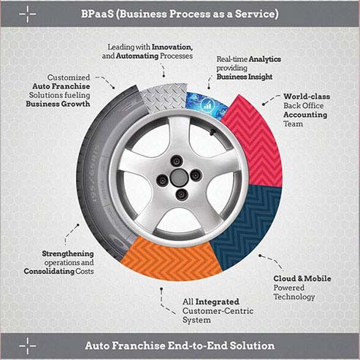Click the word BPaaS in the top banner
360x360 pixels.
pos(97,14)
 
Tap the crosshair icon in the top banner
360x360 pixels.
pos(28,14)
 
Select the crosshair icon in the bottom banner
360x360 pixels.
pos(28,345)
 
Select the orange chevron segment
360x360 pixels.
pos(170,261)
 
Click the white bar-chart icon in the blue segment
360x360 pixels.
pos(207,105)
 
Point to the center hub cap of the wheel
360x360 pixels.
pos(179,177)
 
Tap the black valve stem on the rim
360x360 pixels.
pos(212,131)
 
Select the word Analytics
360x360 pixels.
pos(265,59)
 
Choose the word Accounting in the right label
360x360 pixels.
pos(305,115)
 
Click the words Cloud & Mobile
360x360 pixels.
pos(302,279)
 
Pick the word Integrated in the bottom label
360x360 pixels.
pos(218,302)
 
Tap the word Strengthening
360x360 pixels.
pos(68,253)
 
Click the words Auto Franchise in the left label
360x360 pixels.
pos(61,86)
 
